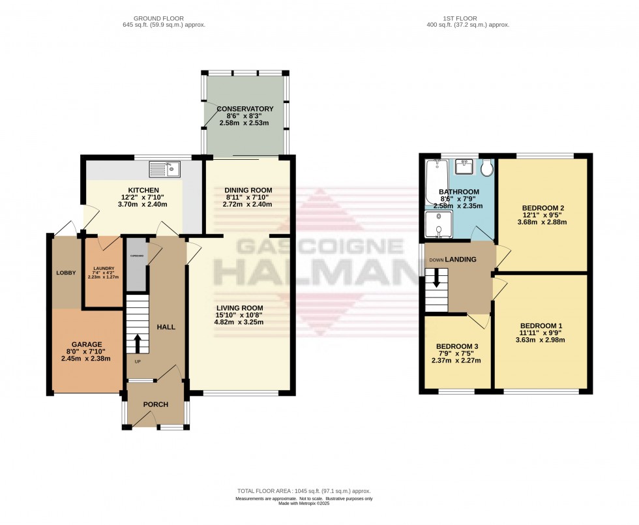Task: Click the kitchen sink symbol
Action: click(165, 170)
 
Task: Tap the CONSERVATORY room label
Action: click(245, 108)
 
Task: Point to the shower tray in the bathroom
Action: click(434, 222)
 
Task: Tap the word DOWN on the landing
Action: click(436, 260)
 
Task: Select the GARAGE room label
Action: click(87, 344)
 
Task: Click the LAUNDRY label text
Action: click(104, 267)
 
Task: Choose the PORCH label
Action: click(155, 404)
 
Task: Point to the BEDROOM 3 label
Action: click(457, 346)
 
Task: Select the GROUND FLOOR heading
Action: click(159, 18)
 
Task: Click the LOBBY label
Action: click(66, 273)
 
